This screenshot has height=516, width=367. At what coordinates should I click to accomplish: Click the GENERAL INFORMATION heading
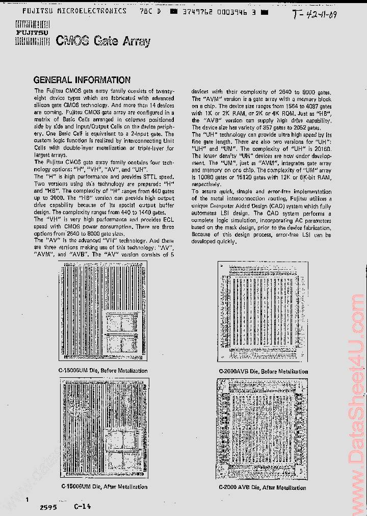point(82,80)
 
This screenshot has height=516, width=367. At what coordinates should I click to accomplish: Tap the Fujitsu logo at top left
point(32,34)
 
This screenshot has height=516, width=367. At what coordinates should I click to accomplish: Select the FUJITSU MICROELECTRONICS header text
point(74,10)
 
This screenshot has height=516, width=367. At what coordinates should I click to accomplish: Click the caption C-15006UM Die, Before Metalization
point(103,371)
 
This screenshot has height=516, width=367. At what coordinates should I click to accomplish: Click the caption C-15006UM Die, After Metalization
point(104,486)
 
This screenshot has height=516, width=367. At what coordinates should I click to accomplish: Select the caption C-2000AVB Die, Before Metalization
point(263,371)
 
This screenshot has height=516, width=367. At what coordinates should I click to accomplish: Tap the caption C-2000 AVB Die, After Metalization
point(263,487)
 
